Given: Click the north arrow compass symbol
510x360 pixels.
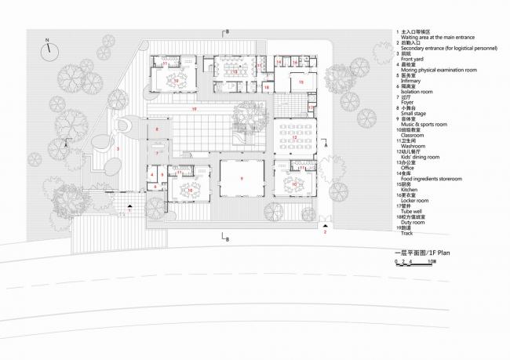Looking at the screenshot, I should coord(49,47).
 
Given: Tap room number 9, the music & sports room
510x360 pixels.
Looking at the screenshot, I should coord(242,180).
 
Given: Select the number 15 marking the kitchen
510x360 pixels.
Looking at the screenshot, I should coord(299,82).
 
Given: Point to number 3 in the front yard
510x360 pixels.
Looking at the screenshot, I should coord(118,147).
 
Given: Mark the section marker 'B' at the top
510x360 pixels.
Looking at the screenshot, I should coord(227,32).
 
